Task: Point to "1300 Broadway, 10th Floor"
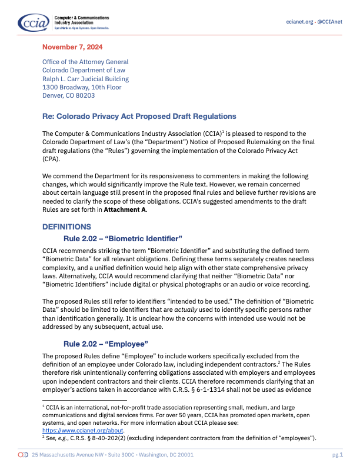tap(82, 88)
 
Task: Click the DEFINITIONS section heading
tap(66, 227)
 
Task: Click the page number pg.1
tap(337, 455)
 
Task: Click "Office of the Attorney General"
tap(85, 62)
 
